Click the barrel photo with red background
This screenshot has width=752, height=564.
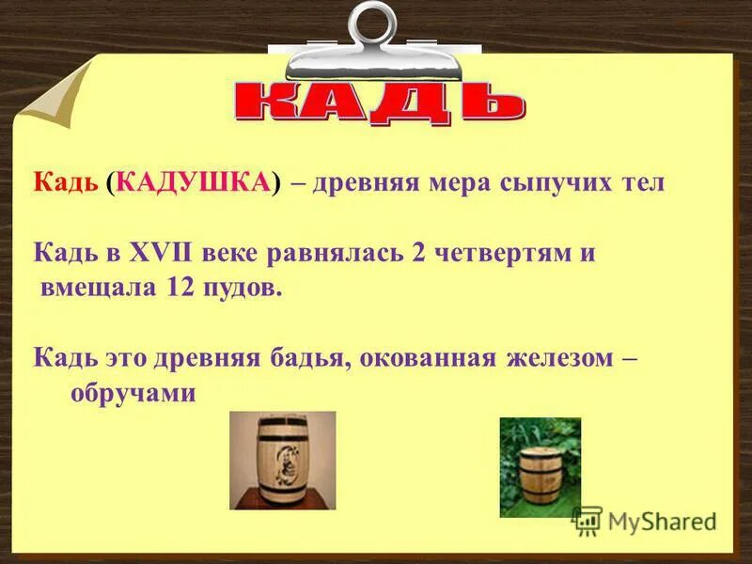tap(283, 461)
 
